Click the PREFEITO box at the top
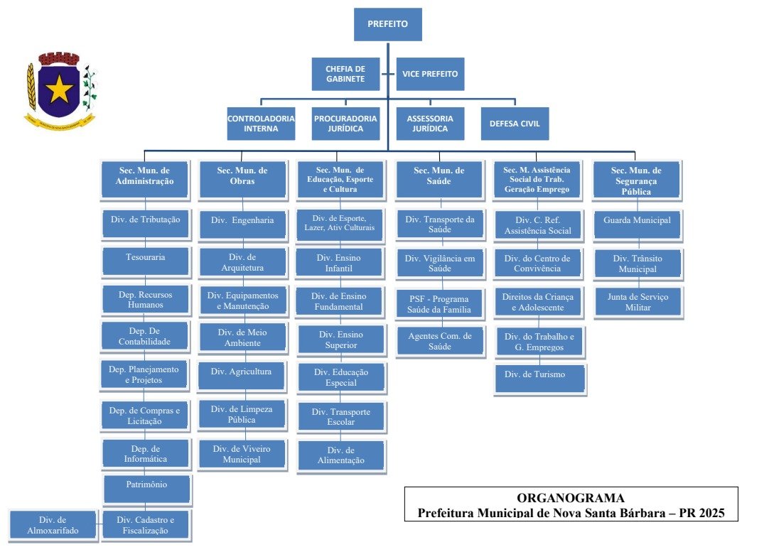[387, 24]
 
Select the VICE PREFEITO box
[430, 74]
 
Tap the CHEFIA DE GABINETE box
[345, 74]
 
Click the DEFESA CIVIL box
[515, 124]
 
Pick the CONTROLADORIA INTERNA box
[261, 124]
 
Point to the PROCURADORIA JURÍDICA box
[345, 124]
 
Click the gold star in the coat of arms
[60, 90]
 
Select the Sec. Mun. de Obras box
[242, 176]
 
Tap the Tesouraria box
[145, 257]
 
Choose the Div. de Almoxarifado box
[53, 524]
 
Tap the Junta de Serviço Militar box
[637, 302]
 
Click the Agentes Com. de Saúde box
[439, 341]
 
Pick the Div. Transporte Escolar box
[341, 417]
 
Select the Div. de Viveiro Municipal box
[242, 454]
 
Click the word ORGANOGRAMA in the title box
[571, 498]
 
